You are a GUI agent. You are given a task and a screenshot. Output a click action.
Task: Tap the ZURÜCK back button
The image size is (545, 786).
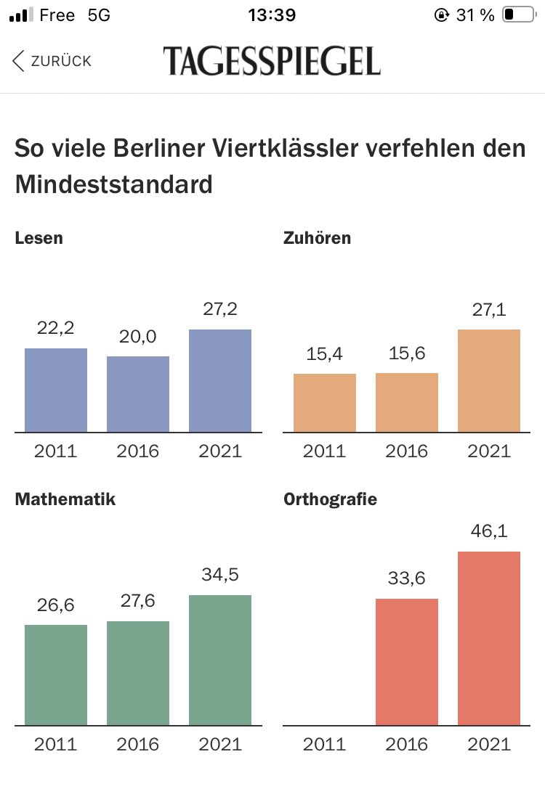point(52,61)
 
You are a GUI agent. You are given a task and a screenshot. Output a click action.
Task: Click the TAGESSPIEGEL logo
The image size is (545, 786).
point(272,61)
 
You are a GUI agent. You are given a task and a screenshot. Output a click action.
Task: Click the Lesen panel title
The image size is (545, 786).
point(39,238)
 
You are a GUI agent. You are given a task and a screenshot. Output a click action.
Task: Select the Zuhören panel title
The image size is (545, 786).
point(317,238)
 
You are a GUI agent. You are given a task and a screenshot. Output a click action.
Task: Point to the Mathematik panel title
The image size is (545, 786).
point(65,499)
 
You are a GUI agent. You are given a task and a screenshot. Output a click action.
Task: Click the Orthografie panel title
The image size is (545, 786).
point(330,499)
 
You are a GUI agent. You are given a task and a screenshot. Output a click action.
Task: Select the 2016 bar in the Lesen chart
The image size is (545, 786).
point(138,394)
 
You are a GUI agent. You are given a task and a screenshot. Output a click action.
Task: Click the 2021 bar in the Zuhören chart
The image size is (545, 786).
point(489,381)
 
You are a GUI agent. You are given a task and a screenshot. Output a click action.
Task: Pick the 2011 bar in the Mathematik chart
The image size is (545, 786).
point(56,674)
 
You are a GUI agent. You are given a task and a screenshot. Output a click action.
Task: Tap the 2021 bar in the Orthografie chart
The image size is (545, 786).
point(489,638)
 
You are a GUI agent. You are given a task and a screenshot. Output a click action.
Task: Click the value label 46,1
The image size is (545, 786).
point(489,531)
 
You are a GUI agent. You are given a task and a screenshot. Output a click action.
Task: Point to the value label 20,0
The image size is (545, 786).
point(138,336)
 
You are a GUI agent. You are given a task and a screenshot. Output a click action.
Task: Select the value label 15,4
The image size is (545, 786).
point(325,353)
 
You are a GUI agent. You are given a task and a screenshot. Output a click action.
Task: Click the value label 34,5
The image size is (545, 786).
point(220,575)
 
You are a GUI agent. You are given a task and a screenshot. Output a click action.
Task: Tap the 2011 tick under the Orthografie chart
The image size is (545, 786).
point(325,744)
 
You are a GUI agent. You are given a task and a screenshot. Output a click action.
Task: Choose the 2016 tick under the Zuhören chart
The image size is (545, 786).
point(407,451)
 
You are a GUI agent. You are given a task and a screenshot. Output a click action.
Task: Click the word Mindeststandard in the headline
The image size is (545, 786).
point(113,184)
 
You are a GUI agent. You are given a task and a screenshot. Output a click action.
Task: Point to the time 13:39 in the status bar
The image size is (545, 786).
point(272,15)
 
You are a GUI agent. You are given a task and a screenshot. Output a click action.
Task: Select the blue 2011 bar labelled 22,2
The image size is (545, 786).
point(56,390)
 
